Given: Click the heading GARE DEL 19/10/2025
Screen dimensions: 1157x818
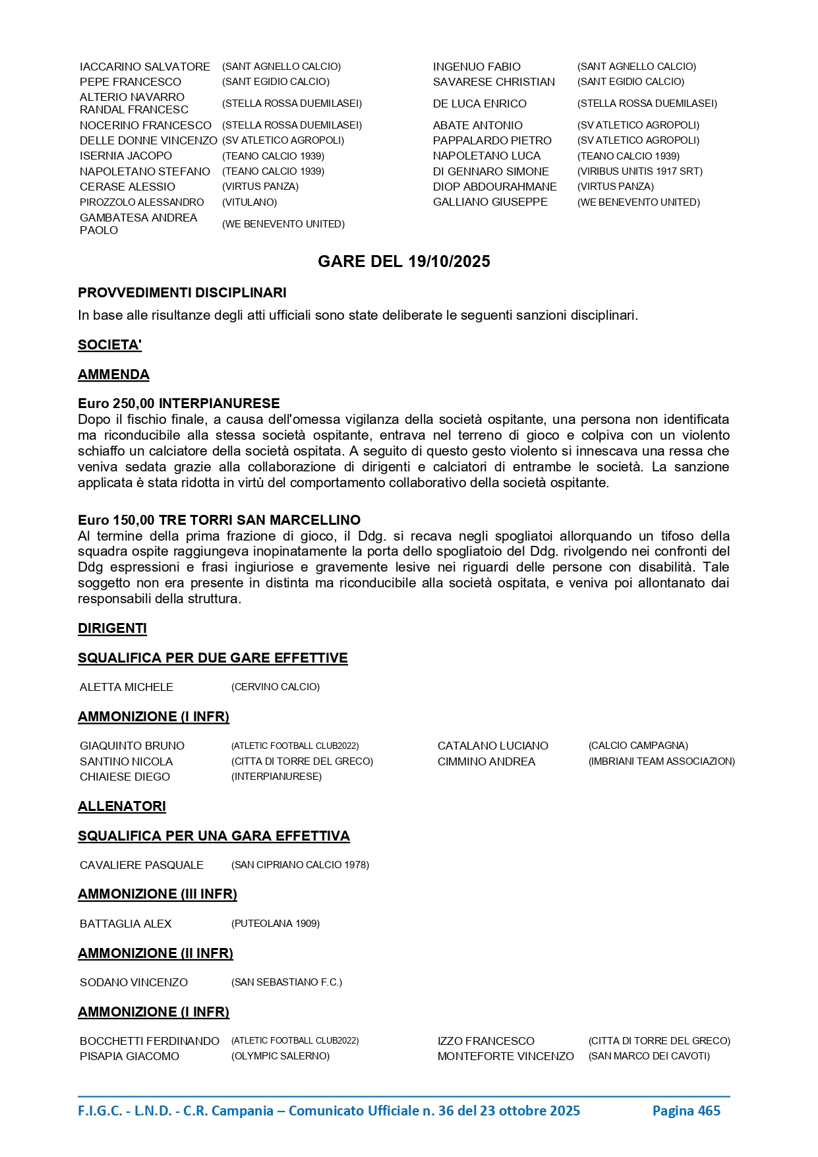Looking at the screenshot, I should pos(403,262).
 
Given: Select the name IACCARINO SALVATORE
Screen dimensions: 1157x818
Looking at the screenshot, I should pos(144,67).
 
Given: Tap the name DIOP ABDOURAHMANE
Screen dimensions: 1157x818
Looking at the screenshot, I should pos(494,187).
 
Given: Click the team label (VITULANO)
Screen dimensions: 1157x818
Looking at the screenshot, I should pos(249,202).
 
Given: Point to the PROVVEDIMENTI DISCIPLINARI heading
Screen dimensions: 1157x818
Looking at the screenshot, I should pos(182,293).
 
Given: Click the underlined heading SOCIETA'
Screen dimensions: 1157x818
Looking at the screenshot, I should pos(109,345).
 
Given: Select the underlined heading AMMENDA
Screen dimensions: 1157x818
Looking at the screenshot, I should pos(113,374).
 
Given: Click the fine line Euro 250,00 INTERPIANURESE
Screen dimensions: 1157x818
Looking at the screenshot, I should pos(179,403).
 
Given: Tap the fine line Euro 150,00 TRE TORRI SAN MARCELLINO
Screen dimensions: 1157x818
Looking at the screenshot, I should pos(219,520).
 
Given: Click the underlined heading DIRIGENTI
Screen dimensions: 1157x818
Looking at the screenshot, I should pos(112,628).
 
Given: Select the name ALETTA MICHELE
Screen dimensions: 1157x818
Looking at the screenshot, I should pos(126,687).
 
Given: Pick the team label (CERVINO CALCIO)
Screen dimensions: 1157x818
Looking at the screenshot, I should pos(275,687).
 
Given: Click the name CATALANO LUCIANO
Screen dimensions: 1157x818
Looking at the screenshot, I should pos(492,746).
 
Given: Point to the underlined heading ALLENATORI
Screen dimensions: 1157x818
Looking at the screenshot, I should pos(122,806).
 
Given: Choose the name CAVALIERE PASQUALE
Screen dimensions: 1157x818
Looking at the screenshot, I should pos(141,865).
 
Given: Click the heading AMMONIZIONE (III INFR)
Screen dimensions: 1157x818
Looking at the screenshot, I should pos(157,894).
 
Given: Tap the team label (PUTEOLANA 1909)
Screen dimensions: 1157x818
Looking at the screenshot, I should pos(275,924).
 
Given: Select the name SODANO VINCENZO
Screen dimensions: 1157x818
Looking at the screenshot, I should pos(133,982).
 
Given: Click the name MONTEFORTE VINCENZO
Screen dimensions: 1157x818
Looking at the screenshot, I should pos(506,1056).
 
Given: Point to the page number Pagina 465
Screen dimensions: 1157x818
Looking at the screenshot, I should pos(686,1111).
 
